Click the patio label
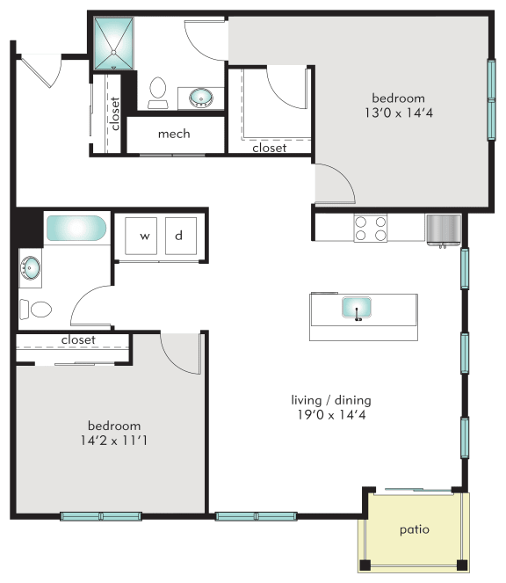414,531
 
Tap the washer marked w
145,236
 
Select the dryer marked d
178,236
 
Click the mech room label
174,134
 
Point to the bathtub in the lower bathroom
76,230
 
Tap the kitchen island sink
357,308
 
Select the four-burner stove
370,229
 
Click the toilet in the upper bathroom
158,91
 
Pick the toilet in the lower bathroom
38,310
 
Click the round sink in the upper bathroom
199,96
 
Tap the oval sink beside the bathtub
32,267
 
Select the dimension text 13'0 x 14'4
397,113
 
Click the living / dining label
330,400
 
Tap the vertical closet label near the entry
115,113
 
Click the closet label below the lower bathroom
78,339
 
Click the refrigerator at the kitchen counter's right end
443,228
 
